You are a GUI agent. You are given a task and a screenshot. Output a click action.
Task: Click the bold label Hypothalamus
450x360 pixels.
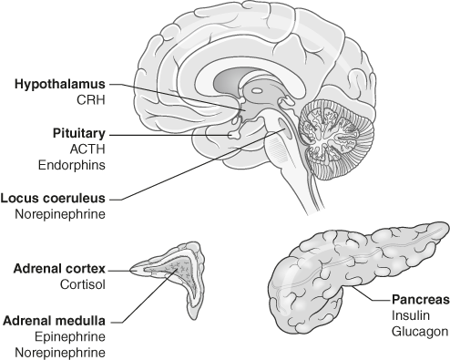click(x=60, y=85)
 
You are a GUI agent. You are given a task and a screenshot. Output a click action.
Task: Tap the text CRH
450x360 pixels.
click(x=91, y=100)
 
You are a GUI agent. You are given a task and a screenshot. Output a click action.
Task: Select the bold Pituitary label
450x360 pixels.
click(x=79, y=134)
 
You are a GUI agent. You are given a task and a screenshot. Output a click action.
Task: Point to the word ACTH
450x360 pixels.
click(x=87, y=149)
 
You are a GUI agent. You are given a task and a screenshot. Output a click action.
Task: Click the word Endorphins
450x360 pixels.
click(x=72, y=165)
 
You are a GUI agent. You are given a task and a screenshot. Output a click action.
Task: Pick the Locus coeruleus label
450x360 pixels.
click(x=53, y=199)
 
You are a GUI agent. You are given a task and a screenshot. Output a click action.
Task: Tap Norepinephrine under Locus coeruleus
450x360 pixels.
click(x=60, y=214)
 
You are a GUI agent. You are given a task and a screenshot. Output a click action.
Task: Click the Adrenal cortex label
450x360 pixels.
click(x=59, y=269)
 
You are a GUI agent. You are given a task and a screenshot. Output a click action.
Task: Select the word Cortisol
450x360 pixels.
click(x=83, y=285)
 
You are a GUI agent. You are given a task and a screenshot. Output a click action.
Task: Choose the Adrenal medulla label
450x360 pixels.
click(x=54, y=321)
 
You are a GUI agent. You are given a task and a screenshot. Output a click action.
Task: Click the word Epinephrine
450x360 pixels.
click(x=70, y=337)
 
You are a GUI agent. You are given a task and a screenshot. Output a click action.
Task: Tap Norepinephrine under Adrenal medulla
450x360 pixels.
click(x=60, y=353)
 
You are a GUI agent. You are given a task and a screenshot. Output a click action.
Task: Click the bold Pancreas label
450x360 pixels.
click(x=421, y=300)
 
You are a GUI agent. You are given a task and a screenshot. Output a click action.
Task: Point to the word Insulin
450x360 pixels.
click(x=411, y=315)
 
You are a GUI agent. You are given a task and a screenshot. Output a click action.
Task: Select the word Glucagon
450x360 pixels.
click(x=420, y=332)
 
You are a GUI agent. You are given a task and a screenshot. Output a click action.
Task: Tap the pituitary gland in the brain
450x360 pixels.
click(x=234, y=134)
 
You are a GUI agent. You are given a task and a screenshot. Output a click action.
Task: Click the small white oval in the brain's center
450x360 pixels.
click(x=257, y=90)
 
